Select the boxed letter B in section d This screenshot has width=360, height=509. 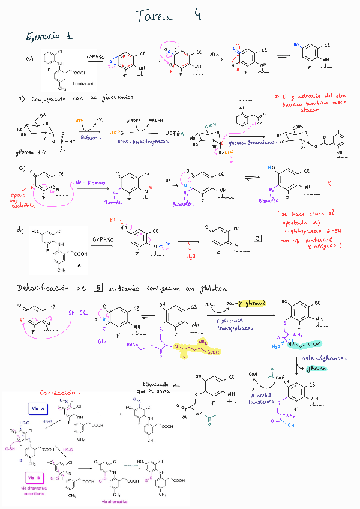(257, 238)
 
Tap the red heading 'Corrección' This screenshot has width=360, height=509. (60, 393)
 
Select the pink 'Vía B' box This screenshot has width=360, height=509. (34, 477)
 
